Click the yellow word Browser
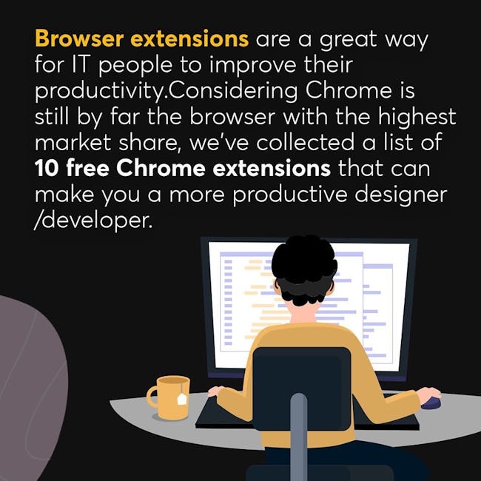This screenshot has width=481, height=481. (x=79, y=38)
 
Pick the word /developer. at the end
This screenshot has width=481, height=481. (x=93, y=220)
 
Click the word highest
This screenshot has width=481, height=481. (x=417, y=118)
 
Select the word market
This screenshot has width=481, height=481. (x=73, y=143)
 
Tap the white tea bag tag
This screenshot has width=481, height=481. (x=181, y=398)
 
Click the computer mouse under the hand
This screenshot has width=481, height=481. (x=431, y=403)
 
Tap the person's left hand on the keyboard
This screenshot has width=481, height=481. (x=215, y=391)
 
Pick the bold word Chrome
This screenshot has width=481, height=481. (x=161, y=169)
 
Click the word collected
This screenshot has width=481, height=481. (x=306, y=143)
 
